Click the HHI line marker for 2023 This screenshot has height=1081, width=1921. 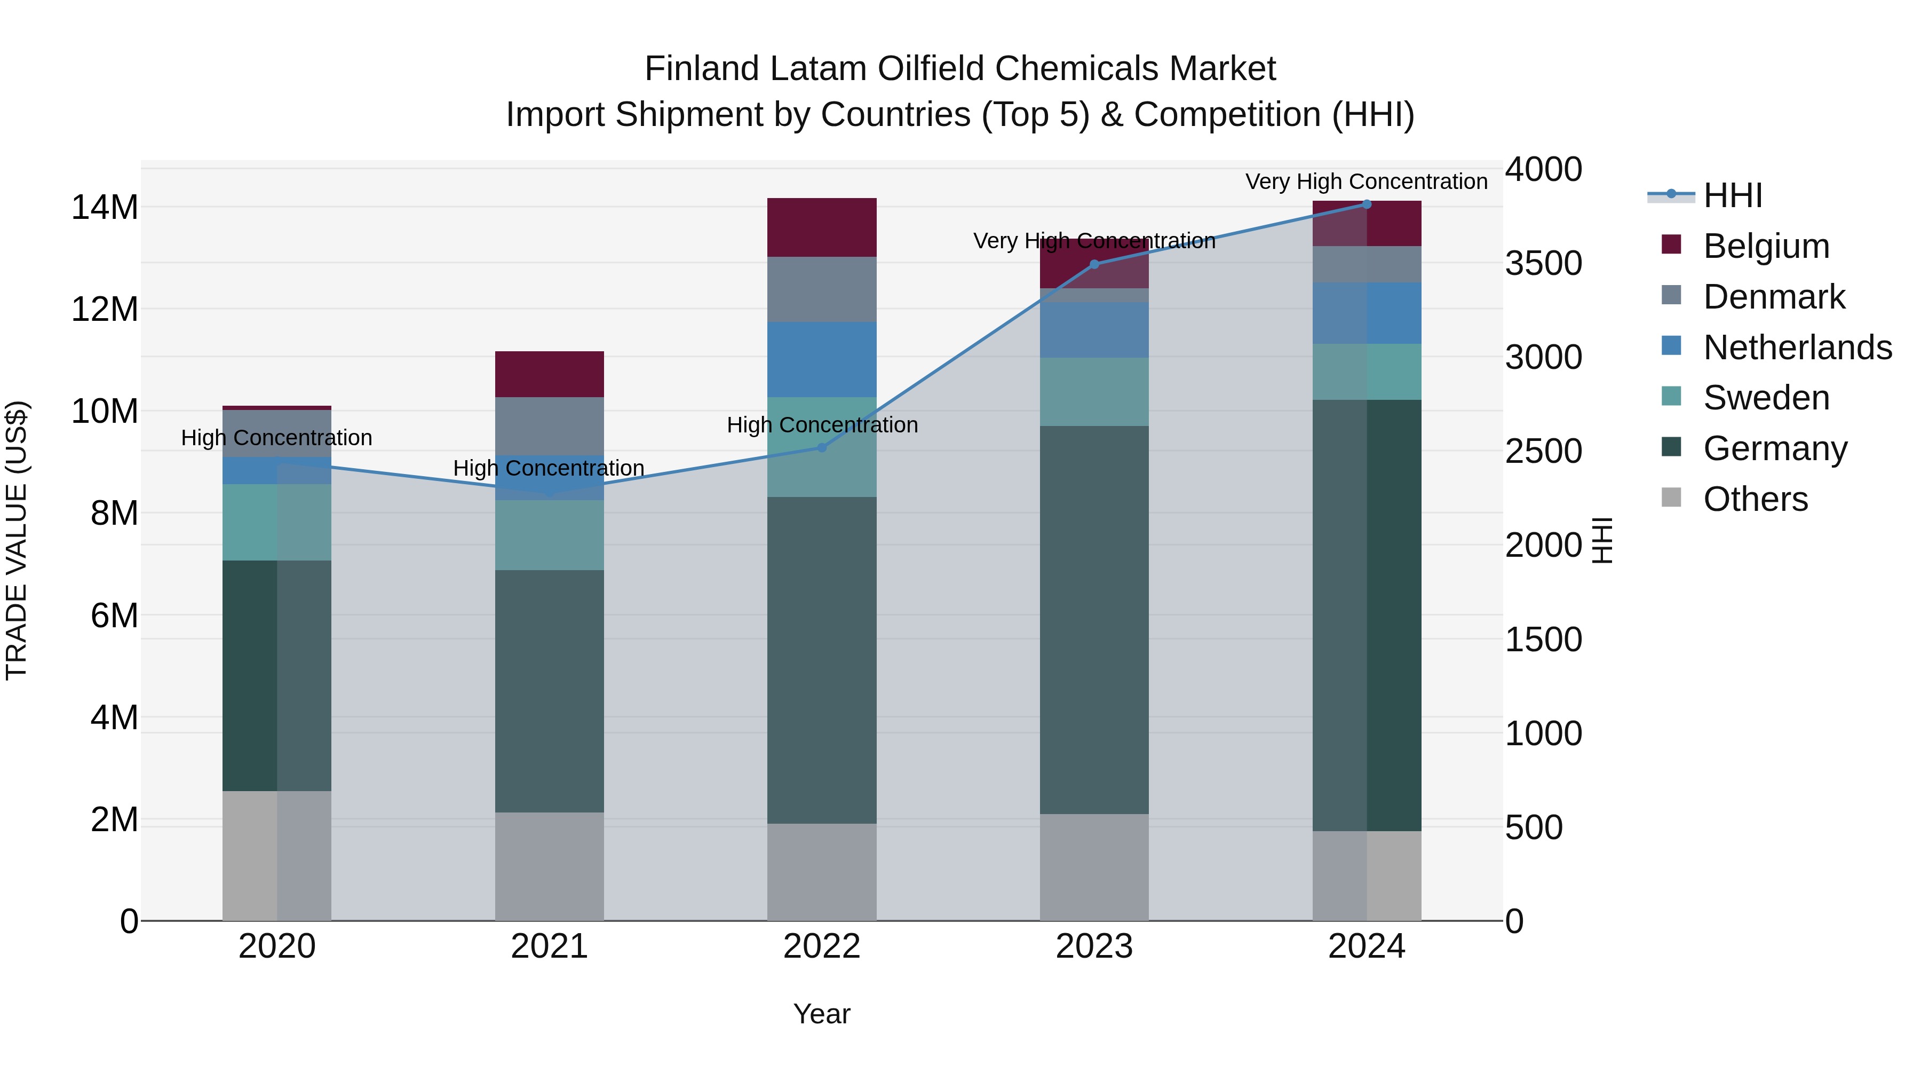(1094, 264)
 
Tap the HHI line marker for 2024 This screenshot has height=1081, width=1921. (1366, 204)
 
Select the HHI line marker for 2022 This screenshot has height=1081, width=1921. (822, 448)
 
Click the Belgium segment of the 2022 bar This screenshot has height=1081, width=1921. (822, 227)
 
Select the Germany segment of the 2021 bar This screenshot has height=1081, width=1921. (550, 691)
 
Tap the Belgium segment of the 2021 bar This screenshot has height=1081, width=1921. (550, 374)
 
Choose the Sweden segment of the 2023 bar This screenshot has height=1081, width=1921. (1094, 392)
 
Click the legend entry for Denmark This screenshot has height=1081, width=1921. (1773, 297)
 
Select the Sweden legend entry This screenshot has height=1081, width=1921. (1766, 398)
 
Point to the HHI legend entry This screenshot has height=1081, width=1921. (1732, 195)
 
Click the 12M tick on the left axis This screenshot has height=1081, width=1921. (105, 309)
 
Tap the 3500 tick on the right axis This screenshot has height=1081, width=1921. (1543, 263)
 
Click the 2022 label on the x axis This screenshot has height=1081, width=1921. (822, 946)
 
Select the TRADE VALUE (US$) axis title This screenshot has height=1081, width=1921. (17, 540)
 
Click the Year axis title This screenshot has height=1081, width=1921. (822, 1014)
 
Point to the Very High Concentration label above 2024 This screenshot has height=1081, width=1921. (1366, 182)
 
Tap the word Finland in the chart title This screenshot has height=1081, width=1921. (702, 69)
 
